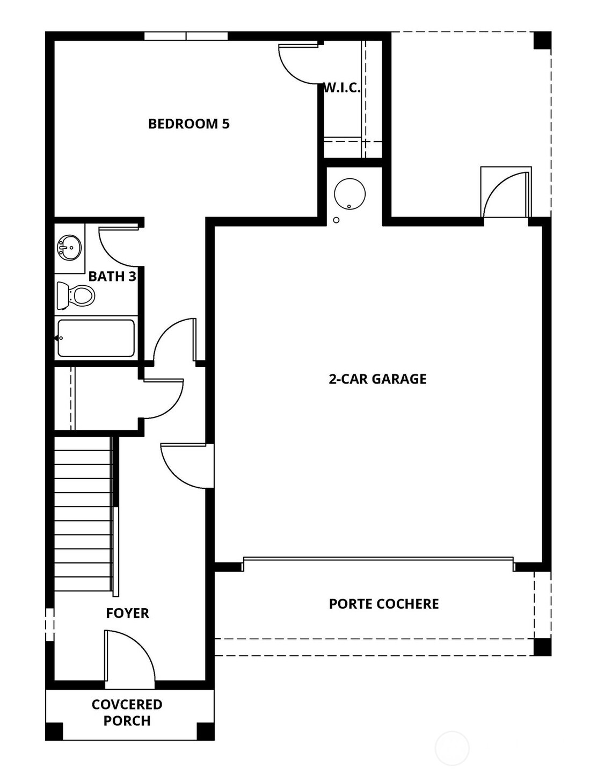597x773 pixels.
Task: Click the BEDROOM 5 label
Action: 188,124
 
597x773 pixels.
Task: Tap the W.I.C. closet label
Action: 341,88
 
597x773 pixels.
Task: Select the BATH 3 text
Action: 112,277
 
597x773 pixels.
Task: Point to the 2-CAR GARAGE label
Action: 377,379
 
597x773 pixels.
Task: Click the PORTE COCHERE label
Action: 384,604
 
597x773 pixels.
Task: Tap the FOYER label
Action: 127,613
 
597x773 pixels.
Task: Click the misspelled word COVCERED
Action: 127,704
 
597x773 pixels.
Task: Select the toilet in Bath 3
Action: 76,295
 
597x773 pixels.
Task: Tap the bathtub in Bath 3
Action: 96,338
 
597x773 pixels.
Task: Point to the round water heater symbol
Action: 350,194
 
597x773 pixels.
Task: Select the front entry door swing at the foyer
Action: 129,658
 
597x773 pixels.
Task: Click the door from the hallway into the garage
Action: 185,465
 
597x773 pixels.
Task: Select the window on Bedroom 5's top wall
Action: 186,36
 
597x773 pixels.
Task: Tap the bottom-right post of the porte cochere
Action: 542,647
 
